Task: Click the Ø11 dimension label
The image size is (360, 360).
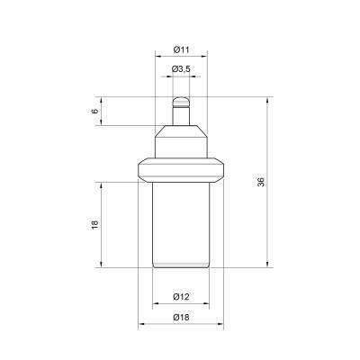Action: (181, 49)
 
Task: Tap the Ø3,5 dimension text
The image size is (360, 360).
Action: (181, 69)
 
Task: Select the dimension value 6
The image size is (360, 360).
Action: (94, 111)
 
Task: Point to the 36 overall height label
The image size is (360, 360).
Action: (261, 182)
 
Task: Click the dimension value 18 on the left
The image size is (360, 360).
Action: (94, 225)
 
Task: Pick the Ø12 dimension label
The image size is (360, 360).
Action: (181, 297)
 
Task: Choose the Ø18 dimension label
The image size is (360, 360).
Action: (181, 317)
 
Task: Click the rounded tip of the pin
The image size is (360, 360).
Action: (181, 102)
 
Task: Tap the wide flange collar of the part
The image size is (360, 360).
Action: (181, 170)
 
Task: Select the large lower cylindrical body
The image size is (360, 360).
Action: (181, 225)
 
